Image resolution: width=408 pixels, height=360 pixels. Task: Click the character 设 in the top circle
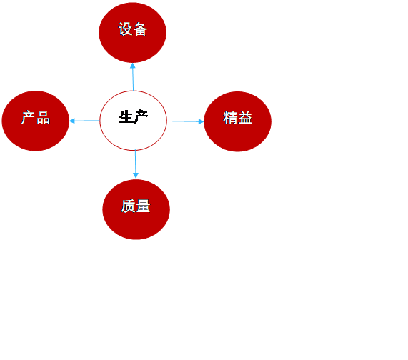tap(126, 29)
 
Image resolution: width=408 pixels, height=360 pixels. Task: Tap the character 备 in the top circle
tap(141, 29)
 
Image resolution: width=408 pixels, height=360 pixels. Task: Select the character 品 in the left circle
tap(43, 118)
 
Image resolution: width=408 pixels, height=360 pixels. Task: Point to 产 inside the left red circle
tap(28, 118)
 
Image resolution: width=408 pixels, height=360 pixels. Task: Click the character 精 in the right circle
tap(230, 118)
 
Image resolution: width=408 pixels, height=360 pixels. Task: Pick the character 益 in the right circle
tap(245, 118)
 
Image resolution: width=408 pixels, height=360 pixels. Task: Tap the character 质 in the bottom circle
tap(129, 206)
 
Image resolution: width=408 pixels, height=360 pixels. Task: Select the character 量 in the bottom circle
tap(143, 206)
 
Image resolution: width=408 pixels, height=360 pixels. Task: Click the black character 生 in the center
tap(126, 117)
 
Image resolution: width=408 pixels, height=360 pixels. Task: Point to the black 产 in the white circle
tap(141, 117)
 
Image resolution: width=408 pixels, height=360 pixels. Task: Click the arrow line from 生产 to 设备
tap(133, 76)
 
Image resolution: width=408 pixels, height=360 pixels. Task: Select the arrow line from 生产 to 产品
tap(84, 121)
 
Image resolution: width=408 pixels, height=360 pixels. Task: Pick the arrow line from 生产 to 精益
tap(185, 121)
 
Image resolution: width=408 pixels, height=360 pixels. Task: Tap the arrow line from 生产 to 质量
tap(135, 164)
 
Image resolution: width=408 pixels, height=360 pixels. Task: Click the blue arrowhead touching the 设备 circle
tap(133, 66)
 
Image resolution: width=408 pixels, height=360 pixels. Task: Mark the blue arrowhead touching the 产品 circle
tap(72, 121)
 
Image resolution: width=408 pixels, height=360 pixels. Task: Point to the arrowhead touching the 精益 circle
tap(201, 121)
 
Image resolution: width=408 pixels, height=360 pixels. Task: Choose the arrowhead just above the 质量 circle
tap(136, 176)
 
